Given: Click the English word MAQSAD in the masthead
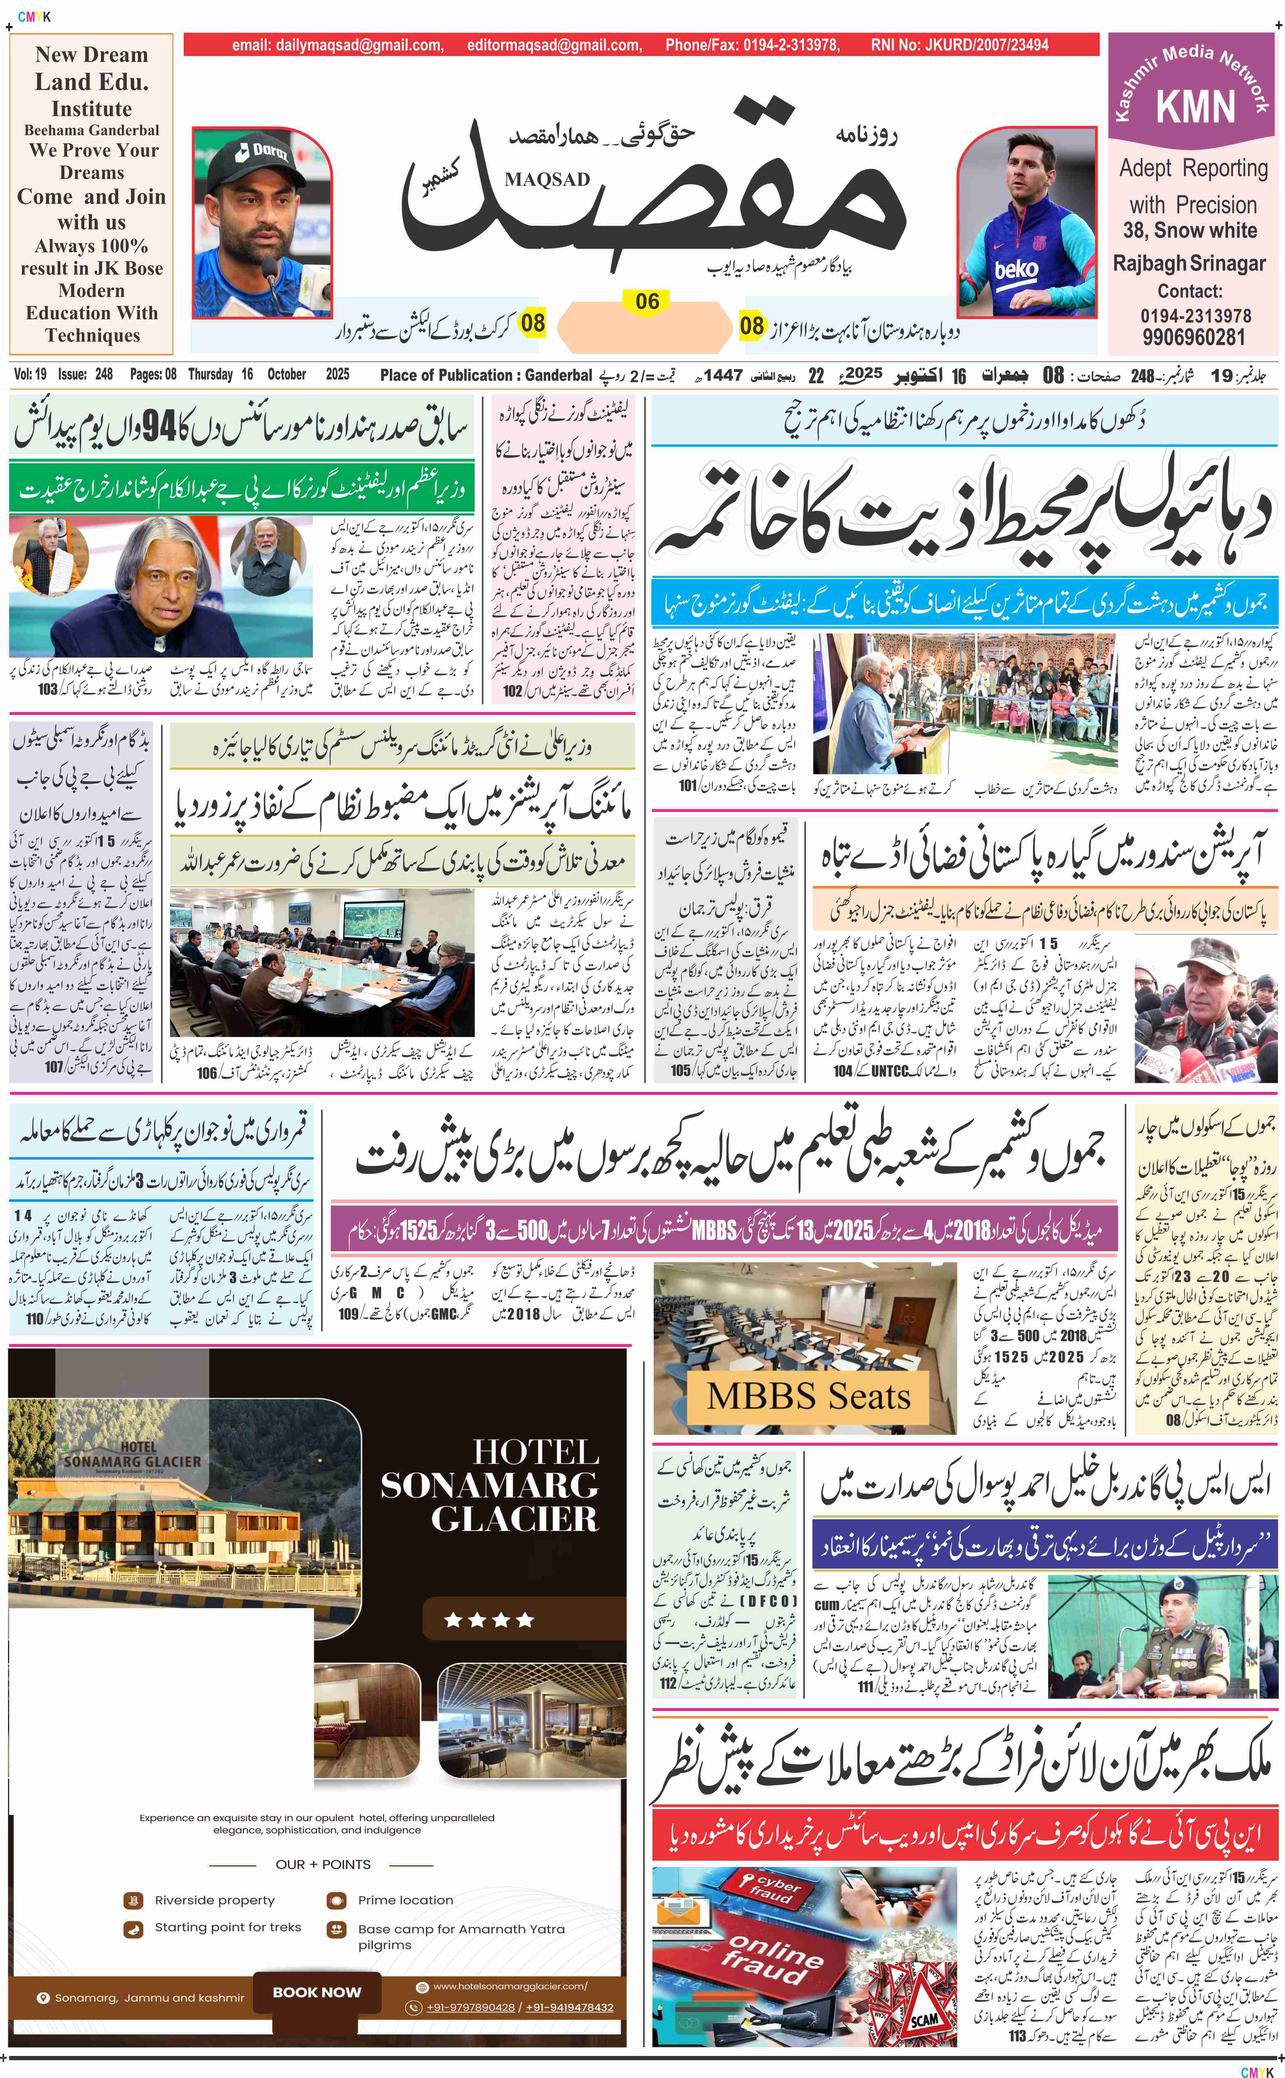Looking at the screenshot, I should (x=546, y=179).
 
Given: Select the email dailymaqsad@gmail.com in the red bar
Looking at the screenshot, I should (x=337, y=45).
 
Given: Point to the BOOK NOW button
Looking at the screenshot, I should (x=317, y=1991).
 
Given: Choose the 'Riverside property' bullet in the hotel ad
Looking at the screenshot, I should (x=214, y=1900).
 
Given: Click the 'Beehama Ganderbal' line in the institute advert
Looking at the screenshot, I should (x=92, y=130).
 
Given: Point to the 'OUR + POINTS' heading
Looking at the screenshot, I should (x=323, y=1864).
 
